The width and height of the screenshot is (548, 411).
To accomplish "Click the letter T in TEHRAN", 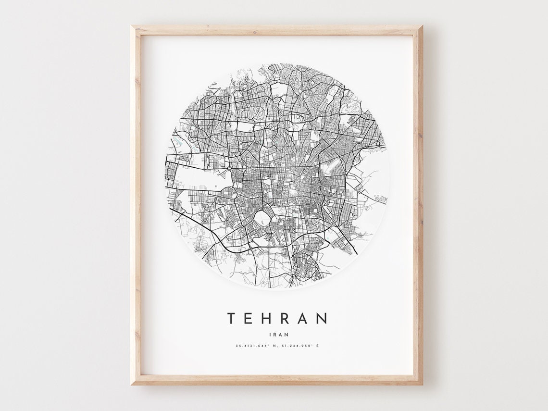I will tap(232, 318).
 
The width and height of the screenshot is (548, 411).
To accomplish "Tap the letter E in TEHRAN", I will tap(250, 318).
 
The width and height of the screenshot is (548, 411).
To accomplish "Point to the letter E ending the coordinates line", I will tap(318, 346).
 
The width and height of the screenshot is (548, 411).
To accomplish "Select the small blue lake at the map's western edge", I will tap(178, 142).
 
